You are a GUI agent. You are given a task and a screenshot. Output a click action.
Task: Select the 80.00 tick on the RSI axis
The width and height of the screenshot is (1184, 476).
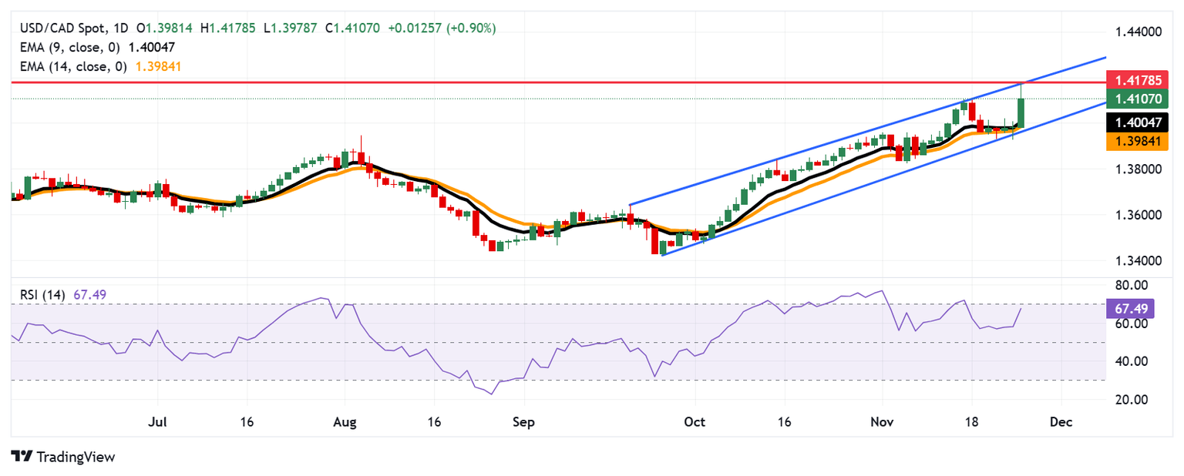click(x=1130, y=285)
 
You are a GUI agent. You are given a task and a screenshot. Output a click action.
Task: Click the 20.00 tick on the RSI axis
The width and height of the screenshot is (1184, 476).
click(x=1130, y=399)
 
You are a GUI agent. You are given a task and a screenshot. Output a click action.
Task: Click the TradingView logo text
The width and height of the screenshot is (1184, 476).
click(x=74, y=457)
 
